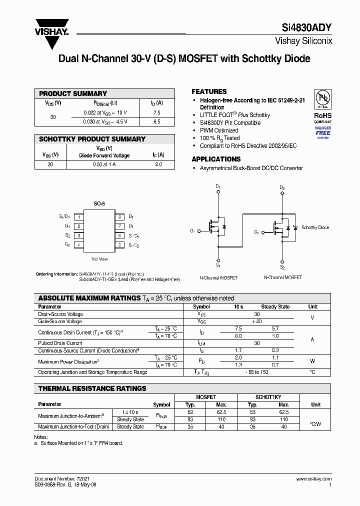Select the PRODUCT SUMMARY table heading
click(73, 93)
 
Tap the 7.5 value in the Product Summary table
click(156, 113)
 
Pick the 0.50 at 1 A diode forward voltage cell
click(104, 164)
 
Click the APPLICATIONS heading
click(216, 159)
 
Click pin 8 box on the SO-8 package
click(120, 217)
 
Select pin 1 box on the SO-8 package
click(78, 217)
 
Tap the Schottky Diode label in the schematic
click(315, 227)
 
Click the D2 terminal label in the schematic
click(282, 188)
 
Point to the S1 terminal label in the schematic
click(218, 260)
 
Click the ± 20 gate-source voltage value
click(257, 321)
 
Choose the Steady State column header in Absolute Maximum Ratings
click(275, 306)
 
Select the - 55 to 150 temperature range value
click(257, 372)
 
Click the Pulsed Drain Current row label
click(60, 343)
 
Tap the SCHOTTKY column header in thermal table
click(268, 397)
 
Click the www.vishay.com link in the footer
click(313, 478)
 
